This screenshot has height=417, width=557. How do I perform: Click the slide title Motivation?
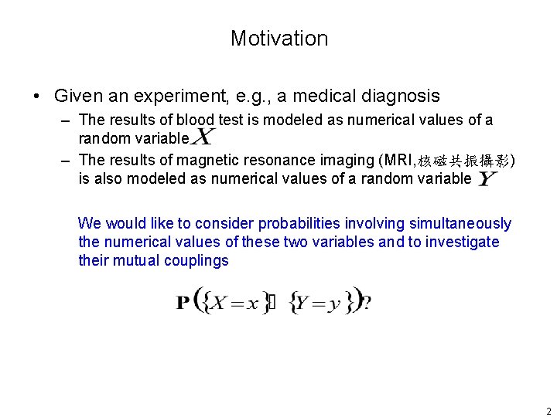(278, 39)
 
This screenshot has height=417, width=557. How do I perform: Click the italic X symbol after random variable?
(203, 137)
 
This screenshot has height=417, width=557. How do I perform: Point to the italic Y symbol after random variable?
(487, 178)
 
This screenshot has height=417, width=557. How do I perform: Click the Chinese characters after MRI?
(461, 161)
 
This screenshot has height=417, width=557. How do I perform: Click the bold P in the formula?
(183, 303)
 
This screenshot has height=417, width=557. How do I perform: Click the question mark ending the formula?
(367, 303)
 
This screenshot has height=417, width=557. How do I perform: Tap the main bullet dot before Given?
(36, 97)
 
